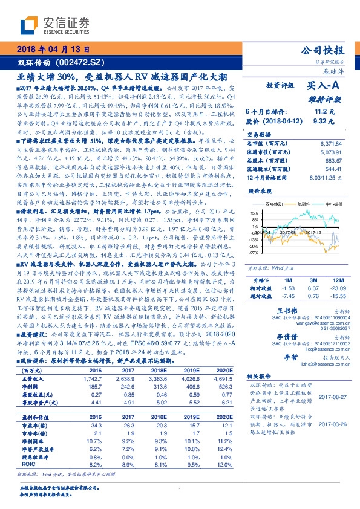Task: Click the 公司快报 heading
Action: click(x=326, y=50)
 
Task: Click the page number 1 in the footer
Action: click(x=180, y=490)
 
